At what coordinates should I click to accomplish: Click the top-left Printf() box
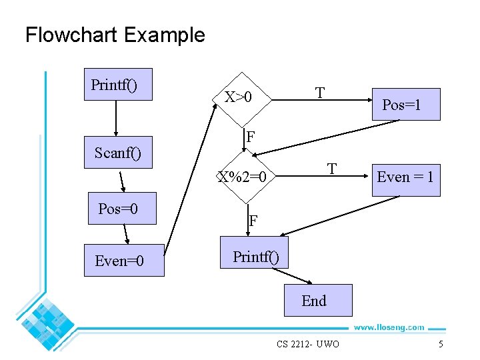pyautogui.click(x=118, y=85)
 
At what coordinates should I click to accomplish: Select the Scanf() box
pyautogui.click(x=118, y=153)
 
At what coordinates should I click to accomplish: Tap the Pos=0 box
pyautogui.click(x=123, y=209)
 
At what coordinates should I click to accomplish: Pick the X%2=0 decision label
pyautogui.click(x=242, y=177)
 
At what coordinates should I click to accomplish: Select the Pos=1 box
pyautogui.click(x=406, y=104)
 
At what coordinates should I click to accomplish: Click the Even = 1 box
pyautogui.click(x=406, y=178)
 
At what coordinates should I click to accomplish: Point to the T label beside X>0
pyautogui.click(x=321, y=93)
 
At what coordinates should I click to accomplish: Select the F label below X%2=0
pyautogui.click(x=253, y=221)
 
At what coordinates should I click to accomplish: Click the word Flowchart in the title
pyautogui.click(x=71, y=34)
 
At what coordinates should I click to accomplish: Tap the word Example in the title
pyautogui.click(x=164, y=35)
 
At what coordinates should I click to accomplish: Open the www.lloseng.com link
pyautogui.click(x=388, y=327)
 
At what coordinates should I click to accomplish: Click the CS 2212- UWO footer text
pyautogui.click(x=308, y=344)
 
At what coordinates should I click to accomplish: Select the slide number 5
pyautogui.click(x=441, y=344)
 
